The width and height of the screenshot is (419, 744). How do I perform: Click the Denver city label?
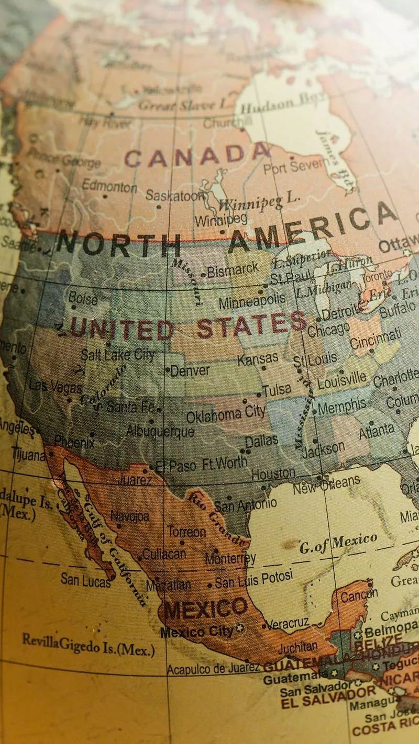point(190,371)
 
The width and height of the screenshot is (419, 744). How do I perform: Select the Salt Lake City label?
point(118,355)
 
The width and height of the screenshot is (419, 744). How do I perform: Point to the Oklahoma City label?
point(226,414)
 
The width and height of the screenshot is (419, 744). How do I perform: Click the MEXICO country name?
point(205,609)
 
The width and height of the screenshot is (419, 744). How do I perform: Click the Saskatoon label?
point(175,196)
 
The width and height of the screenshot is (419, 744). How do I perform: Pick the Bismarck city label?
point(233,270)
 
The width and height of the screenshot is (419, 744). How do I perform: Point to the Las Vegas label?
point(56,388)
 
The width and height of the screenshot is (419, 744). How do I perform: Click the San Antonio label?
point(245,505)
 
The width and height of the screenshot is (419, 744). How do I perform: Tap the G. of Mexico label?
point(338,543)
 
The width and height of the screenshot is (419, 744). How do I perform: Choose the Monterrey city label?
point(230,558)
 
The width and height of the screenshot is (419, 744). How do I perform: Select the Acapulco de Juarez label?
point(213,668)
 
